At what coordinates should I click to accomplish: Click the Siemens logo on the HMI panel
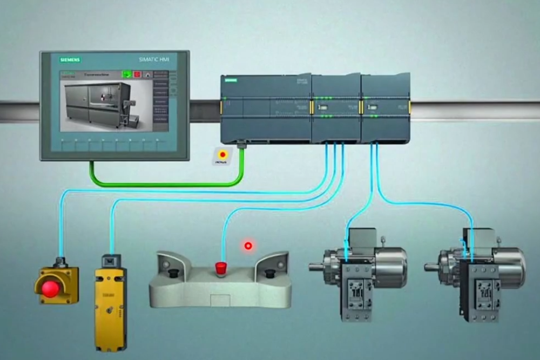click(x=70, y=59)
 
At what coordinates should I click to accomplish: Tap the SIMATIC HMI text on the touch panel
click(x=154, y=59)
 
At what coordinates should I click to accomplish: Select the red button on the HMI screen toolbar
click(x=137, y=74)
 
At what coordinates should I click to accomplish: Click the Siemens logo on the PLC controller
click(x=231, y=80)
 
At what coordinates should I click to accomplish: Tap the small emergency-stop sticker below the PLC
click(x=222, y=155)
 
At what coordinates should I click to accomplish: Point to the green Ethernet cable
click(x=162, y=184)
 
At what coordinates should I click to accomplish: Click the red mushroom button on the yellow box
click(x=50, y=288)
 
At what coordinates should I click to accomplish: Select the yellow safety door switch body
click(x=110, y=308)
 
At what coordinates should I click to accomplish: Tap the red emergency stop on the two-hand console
click(x=220, y=267)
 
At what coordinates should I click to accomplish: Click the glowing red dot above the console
click(x=248, y=246)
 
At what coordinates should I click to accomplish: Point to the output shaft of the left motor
click(x=317, y=266)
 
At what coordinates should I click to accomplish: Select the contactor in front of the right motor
click(x=480, y=291)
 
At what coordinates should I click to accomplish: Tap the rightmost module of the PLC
click(x=386, y=108)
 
